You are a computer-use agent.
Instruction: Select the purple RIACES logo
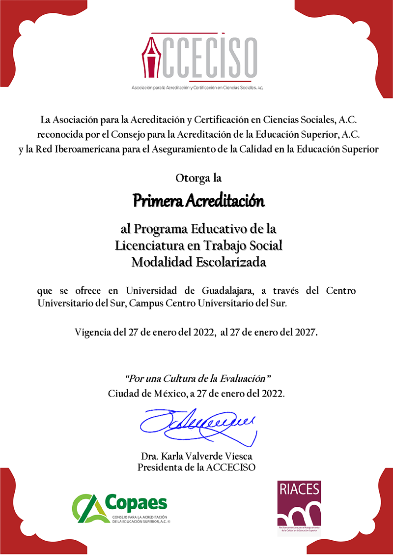click(x=299, y=507)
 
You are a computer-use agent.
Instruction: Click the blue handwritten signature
click(x=198, y=424)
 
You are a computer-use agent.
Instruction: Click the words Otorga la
click(x=198, y=178)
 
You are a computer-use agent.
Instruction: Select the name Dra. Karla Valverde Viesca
click(x=196, y=456)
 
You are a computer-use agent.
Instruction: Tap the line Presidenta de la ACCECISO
click(x=196, y=467)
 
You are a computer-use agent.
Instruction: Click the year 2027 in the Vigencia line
click(x=306, y=333)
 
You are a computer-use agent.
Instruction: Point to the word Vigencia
click(x=93, y=333)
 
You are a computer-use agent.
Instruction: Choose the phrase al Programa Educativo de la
click(x=198, y=229)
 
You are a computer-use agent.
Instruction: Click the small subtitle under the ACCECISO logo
click(x=197, y=87)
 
